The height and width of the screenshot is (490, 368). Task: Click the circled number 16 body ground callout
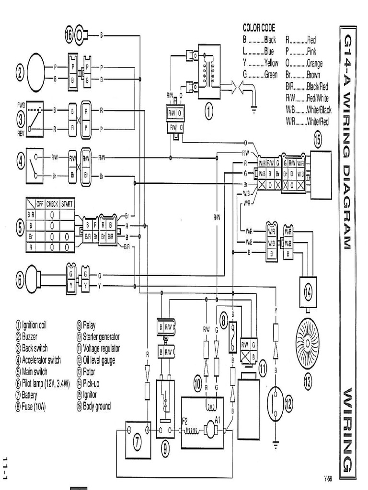click(70, 33)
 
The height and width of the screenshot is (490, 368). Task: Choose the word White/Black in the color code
click(319, 110)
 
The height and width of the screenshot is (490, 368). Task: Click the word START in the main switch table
click(67, 203)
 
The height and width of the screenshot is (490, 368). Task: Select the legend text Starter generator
click(101, 336)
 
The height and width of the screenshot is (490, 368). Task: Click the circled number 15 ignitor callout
click(318, 140)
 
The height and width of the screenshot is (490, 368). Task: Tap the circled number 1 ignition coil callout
click(208, 111)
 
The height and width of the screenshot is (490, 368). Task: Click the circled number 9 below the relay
click(165, 448)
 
